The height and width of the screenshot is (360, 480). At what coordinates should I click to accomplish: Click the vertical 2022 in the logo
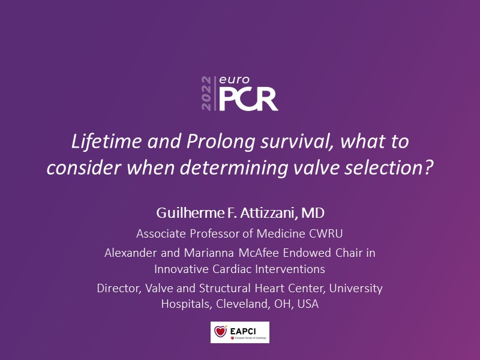tap(206, 94)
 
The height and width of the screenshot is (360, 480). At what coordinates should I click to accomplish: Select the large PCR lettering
tap(248, 99)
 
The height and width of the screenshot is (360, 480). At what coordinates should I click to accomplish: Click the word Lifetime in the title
tap(107, 142)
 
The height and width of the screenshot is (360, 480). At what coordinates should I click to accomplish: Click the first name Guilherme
tap(190, 213)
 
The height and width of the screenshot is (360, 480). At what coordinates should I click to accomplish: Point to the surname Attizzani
tap(269, 213)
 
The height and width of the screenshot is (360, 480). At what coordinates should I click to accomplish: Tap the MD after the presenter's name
tap(313, 213)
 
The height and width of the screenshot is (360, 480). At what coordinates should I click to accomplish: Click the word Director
tap(119, 289)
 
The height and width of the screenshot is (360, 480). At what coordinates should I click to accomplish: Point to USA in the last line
tap(308, 304)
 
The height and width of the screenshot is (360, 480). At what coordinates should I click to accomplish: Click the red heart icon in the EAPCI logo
tap(220, 331)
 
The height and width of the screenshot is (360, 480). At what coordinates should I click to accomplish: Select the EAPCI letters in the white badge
tap(243, 331)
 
